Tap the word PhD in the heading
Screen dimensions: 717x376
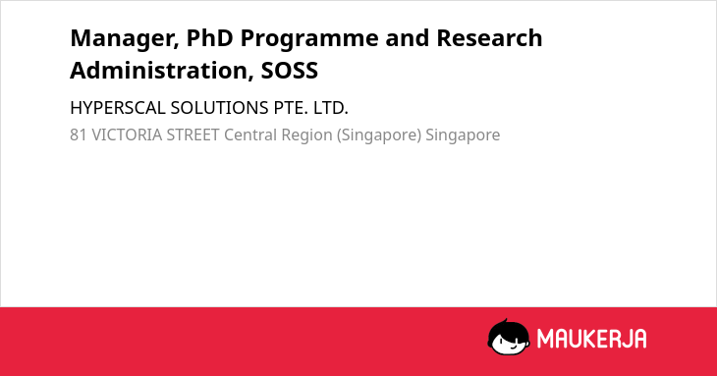[210, 37]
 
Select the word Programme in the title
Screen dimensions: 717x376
[309, 39]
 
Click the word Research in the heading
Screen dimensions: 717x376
[489, 37]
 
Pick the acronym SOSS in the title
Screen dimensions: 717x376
[290, 71]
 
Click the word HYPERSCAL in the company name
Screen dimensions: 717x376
[118, 108]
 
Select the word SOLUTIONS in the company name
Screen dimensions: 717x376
[219, 108]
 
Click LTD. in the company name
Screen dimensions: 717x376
[331, 108]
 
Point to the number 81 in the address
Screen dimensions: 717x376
[79, 134]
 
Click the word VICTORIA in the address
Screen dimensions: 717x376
[127, 134]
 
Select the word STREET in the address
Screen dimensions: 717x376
[193, 134]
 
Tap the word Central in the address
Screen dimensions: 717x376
[250, 134]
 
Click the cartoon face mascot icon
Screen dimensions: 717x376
[509, 337]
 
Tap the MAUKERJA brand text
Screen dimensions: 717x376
[591, 339]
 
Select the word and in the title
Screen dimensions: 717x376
[408, 37]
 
